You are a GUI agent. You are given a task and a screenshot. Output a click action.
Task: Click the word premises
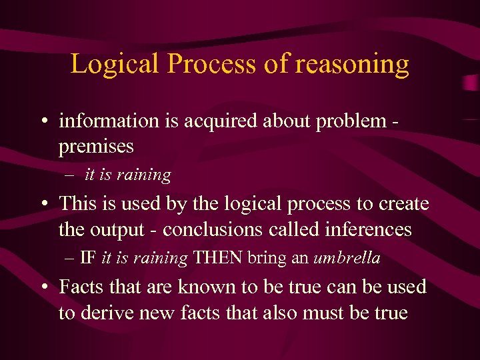pos(96,146)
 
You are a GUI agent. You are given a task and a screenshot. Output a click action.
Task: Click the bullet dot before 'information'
pos(43,122)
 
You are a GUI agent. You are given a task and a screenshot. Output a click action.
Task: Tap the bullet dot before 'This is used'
pos(43,204)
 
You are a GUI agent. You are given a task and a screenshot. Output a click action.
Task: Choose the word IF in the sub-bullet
pos(87,258)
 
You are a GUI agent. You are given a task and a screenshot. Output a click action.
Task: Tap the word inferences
pos(369,229)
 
